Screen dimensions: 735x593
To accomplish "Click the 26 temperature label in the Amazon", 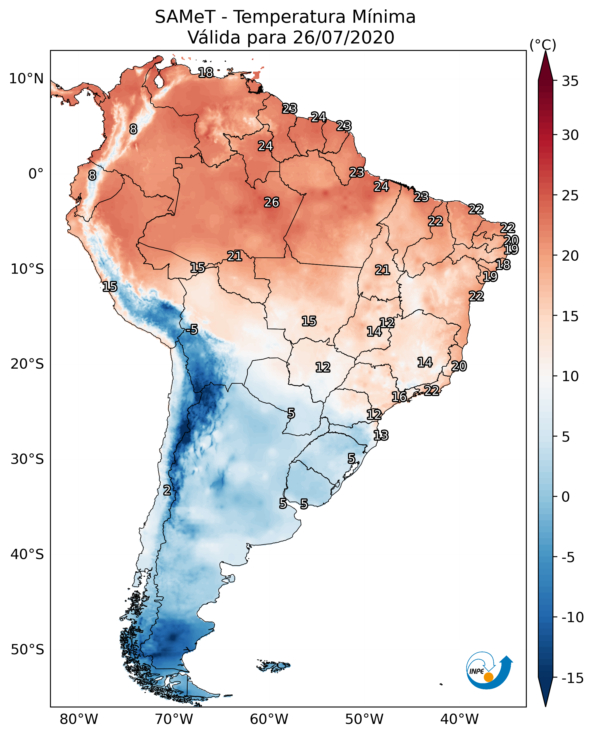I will pos(271,203).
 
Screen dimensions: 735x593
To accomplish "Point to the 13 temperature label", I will pos(381,435).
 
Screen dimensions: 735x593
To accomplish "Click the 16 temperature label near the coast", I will pos(399,397).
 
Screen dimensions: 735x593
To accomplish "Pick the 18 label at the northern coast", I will pos(206,73).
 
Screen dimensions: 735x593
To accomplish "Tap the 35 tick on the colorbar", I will pos(570,81).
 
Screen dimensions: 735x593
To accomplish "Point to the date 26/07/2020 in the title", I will pos(344,38).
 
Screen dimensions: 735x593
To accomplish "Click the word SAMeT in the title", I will pos(185,17).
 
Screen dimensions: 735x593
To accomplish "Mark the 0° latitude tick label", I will pos(36,174).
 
